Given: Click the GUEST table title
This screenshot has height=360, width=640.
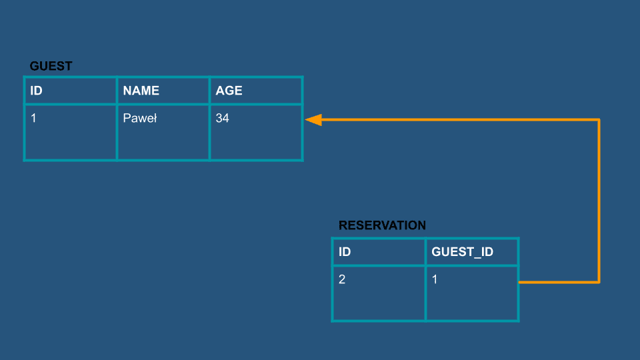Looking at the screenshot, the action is click(x=51, y=66).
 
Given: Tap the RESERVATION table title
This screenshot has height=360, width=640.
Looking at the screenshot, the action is click(x=382, y=225).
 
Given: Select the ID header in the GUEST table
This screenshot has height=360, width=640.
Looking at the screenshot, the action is click(x=36, y=91).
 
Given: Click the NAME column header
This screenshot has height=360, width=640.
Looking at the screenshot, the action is click(x=141, y=91).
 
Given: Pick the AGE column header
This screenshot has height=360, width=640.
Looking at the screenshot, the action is click(x=229, y=91).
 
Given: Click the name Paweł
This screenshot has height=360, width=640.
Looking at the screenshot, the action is click(x=140, y=119).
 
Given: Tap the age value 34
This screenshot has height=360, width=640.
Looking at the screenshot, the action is click(x=223, y=119).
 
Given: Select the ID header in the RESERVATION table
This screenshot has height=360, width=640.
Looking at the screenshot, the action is click(x=345, y=252).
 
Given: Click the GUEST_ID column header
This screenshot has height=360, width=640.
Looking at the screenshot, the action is click(x=463, y=252).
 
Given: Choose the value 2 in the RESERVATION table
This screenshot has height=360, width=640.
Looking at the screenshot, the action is click(x=342, y=279).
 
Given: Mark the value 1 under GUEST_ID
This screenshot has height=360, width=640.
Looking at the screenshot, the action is click(x=435, y=279).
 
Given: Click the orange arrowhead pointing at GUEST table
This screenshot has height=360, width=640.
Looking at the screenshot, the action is click(x=313, y=119).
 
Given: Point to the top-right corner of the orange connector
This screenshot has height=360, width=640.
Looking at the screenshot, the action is click(x=599, y=119).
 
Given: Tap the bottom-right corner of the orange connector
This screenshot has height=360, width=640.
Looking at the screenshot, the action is click(x=599, y=282).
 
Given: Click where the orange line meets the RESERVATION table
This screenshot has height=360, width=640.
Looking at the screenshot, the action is click(x=519, y=282).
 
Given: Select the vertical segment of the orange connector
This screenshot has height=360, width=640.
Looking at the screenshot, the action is click(x=599, y=201).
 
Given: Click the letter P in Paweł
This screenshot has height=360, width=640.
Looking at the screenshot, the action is click(x=127, y=119).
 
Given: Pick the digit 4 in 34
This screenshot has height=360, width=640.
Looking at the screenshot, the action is click(x=226, y=119).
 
